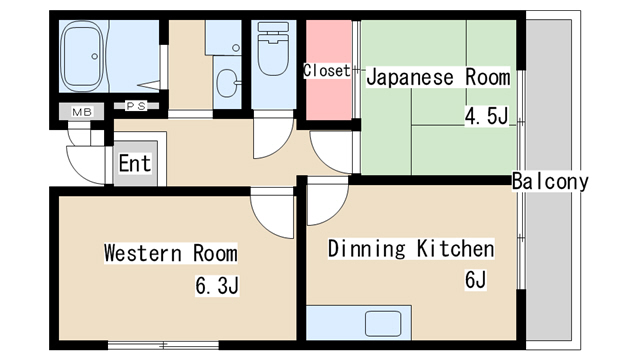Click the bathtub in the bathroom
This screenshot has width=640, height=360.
pos(83,56)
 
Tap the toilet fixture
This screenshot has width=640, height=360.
pos(273,49)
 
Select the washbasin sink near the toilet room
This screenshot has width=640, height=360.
pos(228,83)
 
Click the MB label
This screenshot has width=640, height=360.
pos(82,111)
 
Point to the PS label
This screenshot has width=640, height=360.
pos(136,106)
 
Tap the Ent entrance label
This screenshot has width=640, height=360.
pos(135,163)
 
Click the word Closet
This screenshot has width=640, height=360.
pos(327,71)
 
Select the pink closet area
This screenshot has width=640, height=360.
pos(329,70)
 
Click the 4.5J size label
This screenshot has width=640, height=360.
pos(486,116)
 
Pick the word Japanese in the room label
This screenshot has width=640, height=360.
pos(410,78)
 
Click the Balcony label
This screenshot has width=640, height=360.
pos(550,181)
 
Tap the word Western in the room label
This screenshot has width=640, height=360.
pos(142,253)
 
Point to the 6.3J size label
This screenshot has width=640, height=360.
pos(217,285)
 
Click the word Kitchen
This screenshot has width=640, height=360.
pos(456,249)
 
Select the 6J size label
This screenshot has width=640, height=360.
pos(476,280)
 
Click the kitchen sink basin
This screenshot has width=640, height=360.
pos(383,324)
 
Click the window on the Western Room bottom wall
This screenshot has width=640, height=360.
pos(163,345)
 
